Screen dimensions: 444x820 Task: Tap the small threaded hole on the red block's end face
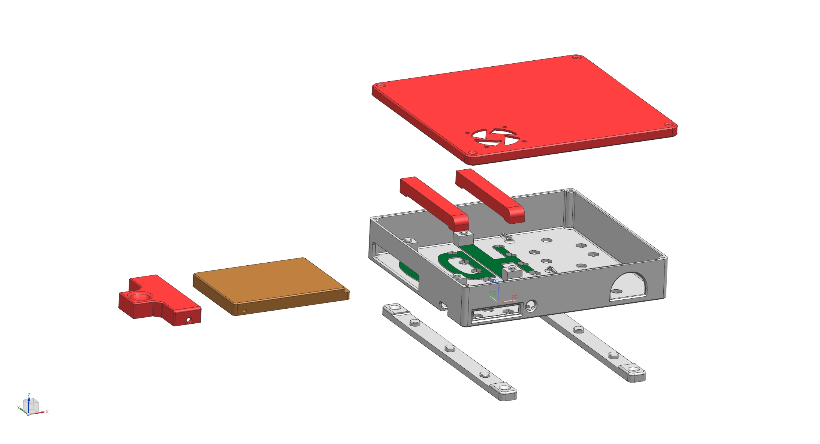189,320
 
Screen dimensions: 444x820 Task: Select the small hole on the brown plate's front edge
245,311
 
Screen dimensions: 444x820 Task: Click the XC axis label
515,297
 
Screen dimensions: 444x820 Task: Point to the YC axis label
492,293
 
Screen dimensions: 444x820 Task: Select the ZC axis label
495,281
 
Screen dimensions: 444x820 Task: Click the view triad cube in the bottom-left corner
31,405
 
